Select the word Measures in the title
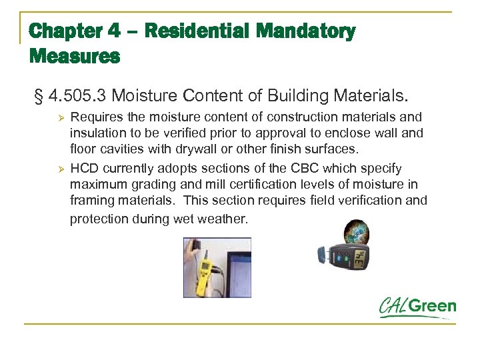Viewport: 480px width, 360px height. tap(74, 57)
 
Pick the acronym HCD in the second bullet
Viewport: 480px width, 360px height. tap(83, 169)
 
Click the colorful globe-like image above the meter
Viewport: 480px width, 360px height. tap(355, 233)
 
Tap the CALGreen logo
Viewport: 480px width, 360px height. tap(417, 308)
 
